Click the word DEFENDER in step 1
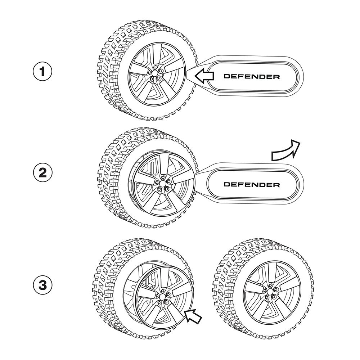point(252,76)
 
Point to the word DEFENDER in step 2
point(252,185)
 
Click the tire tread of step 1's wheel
point(108,72)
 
